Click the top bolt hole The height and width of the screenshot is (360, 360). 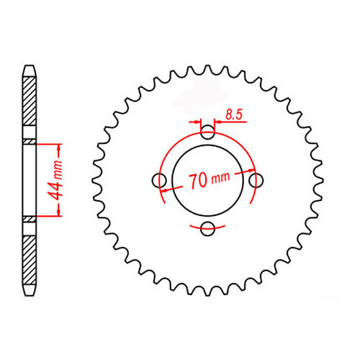(208, 132)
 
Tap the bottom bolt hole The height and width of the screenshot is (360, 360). (208, 230)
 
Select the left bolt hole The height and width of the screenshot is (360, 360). (159, 181)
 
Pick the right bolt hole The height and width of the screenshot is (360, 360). (257, 181)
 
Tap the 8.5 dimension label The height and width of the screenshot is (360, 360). (233, 113)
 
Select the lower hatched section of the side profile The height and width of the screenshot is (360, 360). (29, 256)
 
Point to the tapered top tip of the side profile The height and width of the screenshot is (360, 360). (29, 68)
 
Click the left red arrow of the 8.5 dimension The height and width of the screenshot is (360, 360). (197, 122)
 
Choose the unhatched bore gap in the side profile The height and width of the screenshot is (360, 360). (29, 180)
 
